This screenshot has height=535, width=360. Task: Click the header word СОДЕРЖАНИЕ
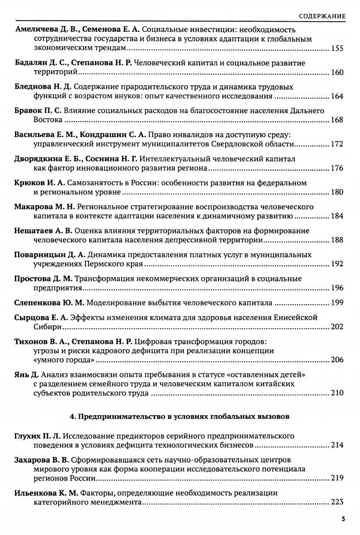point(322,15)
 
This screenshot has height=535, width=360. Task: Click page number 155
point(338,49)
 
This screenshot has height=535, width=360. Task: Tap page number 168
point(338,120)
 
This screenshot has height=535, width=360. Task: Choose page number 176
point(338,168)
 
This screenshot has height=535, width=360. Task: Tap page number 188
point(338,240)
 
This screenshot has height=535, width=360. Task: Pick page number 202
point(338,327)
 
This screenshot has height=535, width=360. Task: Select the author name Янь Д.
point(25,374)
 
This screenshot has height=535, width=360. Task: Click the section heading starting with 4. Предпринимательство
point(180,416)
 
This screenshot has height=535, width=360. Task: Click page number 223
point(338,502)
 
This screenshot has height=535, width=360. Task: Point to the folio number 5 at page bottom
point(343,519)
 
